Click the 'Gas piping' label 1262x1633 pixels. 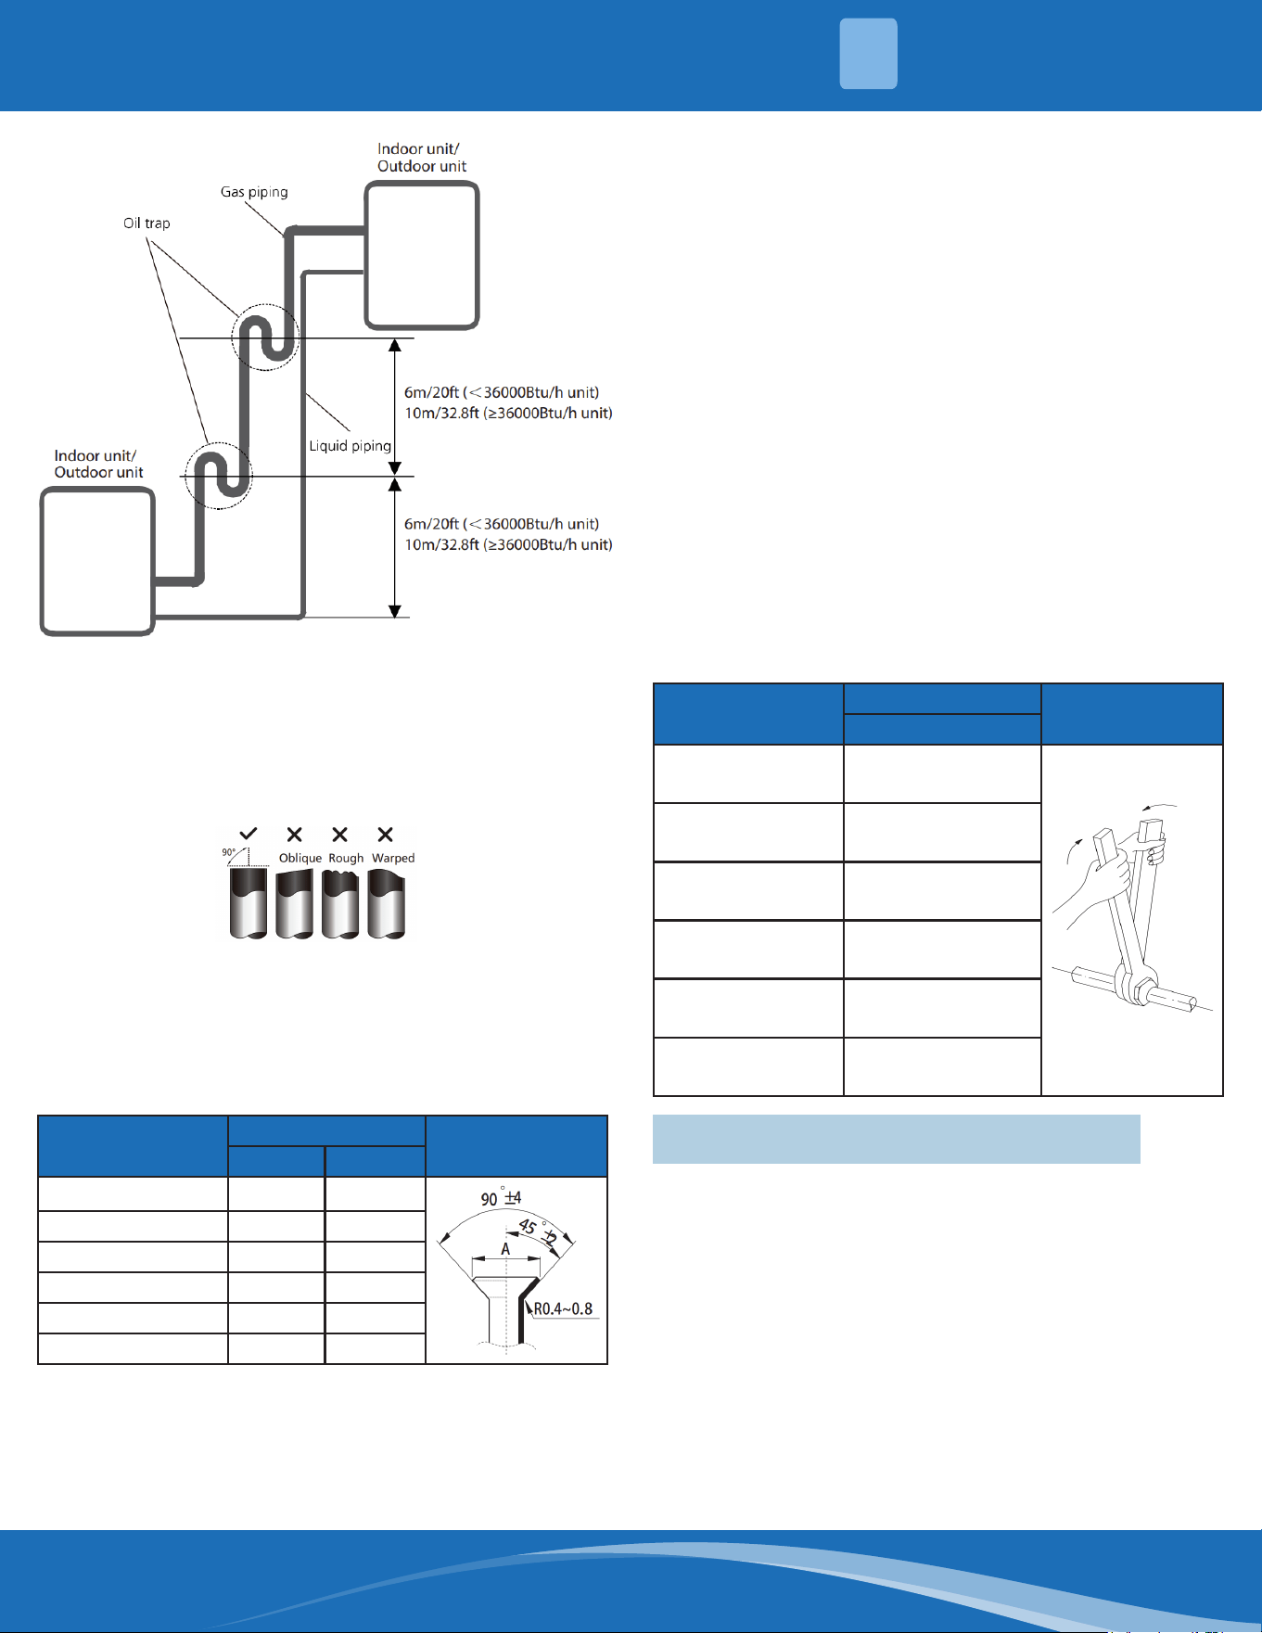(254, 192)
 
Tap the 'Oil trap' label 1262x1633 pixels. (147, 223)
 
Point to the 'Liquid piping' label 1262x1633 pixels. (350, 446)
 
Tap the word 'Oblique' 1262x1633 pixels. (300, 859)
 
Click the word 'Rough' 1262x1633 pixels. (346, 859)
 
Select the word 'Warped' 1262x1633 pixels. (393, 859)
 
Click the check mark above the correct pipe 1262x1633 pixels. (249, 834)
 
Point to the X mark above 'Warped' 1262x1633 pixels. (386, 835)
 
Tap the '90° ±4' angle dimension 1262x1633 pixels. (501, 1198)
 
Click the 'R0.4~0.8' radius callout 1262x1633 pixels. (563, 1309)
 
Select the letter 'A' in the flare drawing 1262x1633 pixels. (505, 1249)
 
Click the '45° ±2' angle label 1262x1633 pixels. (539, 1232)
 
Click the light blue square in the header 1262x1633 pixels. (869, 54)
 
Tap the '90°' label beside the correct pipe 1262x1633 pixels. (228, 851)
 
